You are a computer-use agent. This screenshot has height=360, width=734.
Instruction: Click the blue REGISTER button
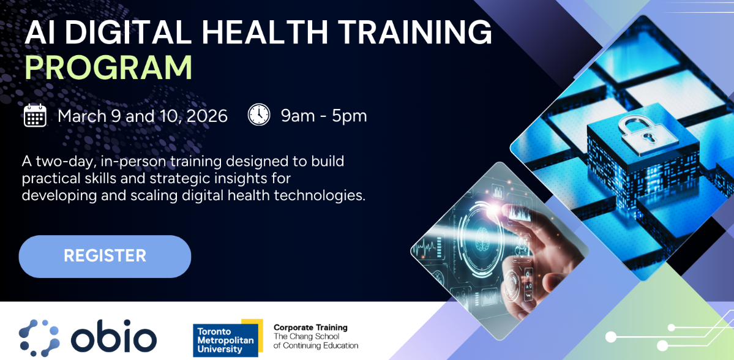(x=105, y=256)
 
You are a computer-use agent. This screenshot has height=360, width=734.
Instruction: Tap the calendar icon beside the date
(x=35, y=115)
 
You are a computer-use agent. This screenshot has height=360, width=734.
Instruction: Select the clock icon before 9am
(x=259, y=114)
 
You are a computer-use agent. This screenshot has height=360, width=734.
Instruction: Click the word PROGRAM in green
(x=108, y=68)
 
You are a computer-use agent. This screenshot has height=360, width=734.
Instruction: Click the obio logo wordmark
(x=113, y=337)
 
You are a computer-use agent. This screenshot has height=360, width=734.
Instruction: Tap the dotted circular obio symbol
(x=39, y=338)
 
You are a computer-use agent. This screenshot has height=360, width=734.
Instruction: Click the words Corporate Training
(x=310, y=328)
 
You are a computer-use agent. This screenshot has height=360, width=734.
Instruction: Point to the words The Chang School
(x=305, y=337)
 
